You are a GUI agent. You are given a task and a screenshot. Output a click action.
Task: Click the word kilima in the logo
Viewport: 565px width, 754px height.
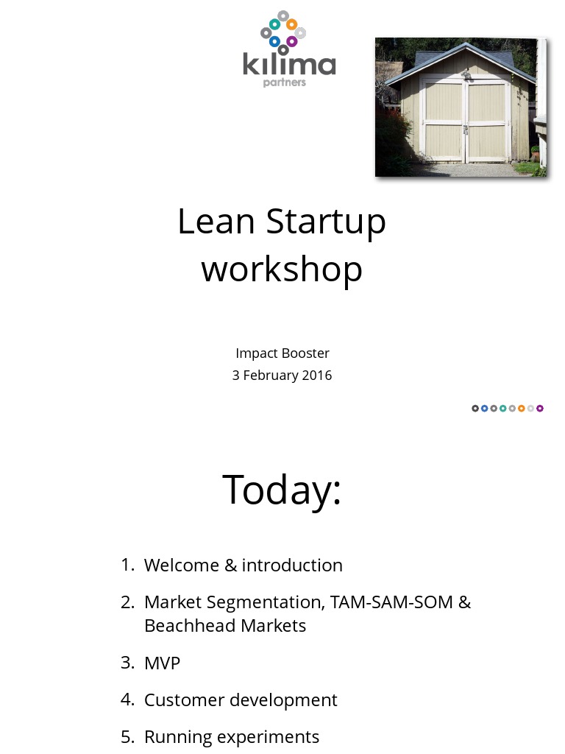[289, 64]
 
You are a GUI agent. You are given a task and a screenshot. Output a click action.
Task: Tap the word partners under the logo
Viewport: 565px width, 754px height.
[285, 82]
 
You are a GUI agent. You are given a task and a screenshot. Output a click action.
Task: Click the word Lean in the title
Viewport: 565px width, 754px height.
[216, 221]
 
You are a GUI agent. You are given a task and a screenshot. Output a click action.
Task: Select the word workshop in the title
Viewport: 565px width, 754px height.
[282, 269]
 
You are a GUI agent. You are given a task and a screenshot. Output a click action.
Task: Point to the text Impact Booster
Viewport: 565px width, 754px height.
[282, 353]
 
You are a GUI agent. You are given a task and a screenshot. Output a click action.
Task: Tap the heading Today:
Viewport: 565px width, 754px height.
[282, 490]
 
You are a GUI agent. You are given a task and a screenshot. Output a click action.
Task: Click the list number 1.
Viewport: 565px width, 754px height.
[127, 565]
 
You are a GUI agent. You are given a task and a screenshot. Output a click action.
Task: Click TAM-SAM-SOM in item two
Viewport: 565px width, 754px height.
[391, 602]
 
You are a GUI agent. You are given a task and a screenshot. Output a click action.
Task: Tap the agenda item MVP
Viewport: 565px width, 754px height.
[162, 663]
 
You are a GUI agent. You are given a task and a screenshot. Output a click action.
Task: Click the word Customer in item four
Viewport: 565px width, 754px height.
[184, 700]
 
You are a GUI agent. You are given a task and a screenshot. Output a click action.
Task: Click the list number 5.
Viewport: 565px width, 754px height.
[127, 737]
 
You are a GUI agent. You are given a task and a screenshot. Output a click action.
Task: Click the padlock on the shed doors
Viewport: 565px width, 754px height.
[466, 130]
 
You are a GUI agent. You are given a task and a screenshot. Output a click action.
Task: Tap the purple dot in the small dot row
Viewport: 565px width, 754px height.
[540, 409]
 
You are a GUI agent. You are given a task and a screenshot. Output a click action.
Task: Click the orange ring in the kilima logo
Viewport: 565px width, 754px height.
[292, 24]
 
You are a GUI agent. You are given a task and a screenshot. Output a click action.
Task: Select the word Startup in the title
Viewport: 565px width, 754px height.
[326, 222]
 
